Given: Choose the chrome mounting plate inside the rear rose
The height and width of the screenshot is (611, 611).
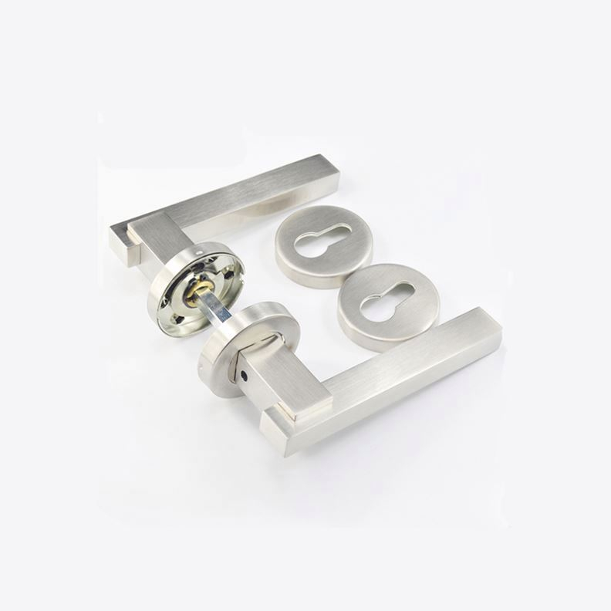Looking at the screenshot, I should tap(184, 301).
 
